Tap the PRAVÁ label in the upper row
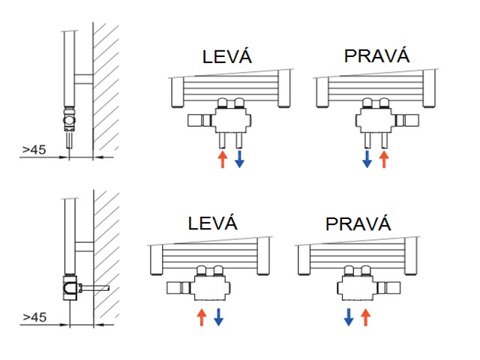(376, 57)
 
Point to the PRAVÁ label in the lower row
(358, 223)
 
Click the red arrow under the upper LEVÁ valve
(222, 158)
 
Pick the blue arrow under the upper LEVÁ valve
(239, 158)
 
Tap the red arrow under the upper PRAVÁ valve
(385, 158)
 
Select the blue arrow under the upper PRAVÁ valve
(367, 158)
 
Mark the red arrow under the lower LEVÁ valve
(201, 316)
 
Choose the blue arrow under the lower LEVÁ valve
(218, 316)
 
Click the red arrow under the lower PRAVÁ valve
(365, 316)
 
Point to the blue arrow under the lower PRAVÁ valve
(349, 316)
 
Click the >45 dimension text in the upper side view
(34, 149)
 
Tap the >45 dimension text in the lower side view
(34, 317)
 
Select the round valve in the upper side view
(69, 118)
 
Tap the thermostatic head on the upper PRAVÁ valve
(409, 118)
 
